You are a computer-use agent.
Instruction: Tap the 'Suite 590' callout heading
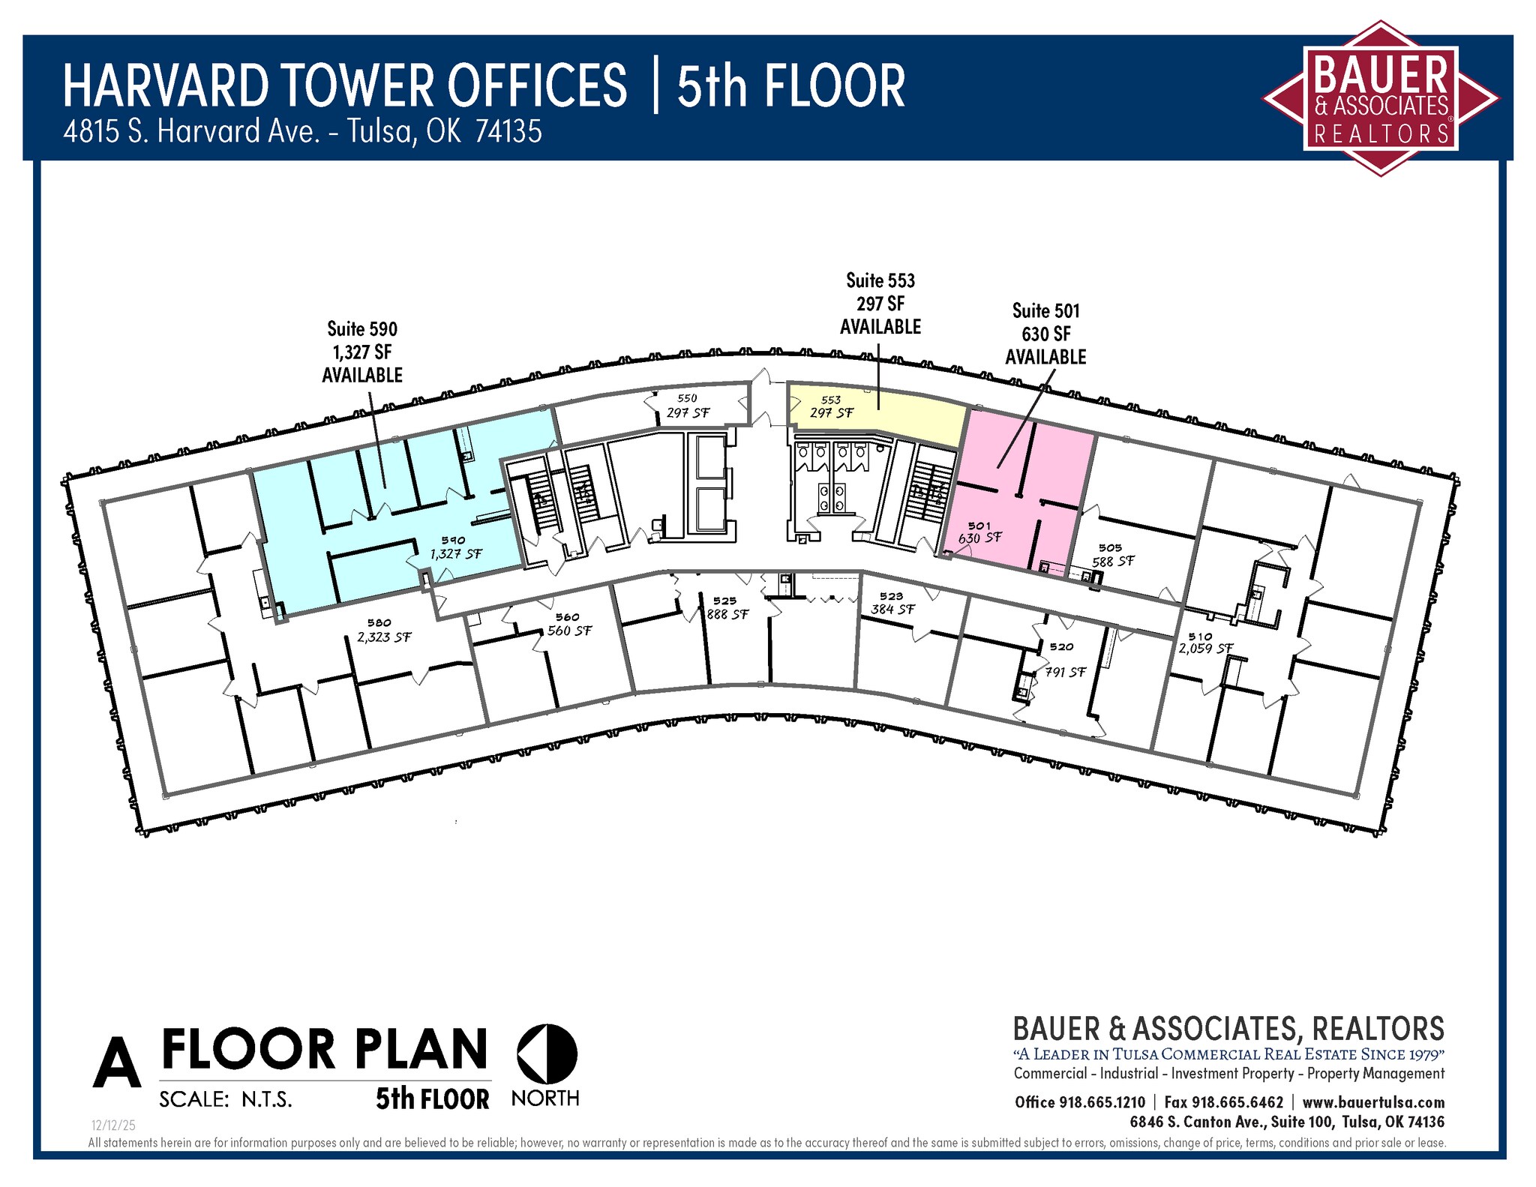[x=362, y=329]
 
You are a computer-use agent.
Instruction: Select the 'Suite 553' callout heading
[x=880, y=281]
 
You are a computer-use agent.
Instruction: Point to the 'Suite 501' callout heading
[x=1045, y=311]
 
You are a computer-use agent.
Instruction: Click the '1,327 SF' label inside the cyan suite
[x=456, y=554]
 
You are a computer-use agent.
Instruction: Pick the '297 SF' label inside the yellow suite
[x=832, y=413]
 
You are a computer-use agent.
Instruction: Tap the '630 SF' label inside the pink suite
[x=979, y=538]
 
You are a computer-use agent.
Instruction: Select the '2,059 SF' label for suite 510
[x=1205, y=649]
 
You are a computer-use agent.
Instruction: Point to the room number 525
[x=724, y=601]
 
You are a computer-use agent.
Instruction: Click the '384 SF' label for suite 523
[x=892, y=610]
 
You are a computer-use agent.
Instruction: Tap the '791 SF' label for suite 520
[x=1065, y=673]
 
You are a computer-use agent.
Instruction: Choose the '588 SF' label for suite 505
[x=1113, y=562]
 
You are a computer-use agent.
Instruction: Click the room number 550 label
[x=687, y=399]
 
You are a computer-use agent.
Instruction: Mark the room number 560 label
[x=567, y=617]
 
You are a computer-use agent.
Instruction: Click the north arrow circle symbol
[x=547, y=1054]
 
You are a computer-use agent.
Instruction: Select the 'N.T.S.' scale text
[x=266, y=1100]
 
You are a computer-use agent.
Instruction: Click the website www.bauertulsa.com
[x=1373, y=1102]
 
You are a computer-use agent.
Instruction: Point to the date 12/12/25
[x=113, y=1126]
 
